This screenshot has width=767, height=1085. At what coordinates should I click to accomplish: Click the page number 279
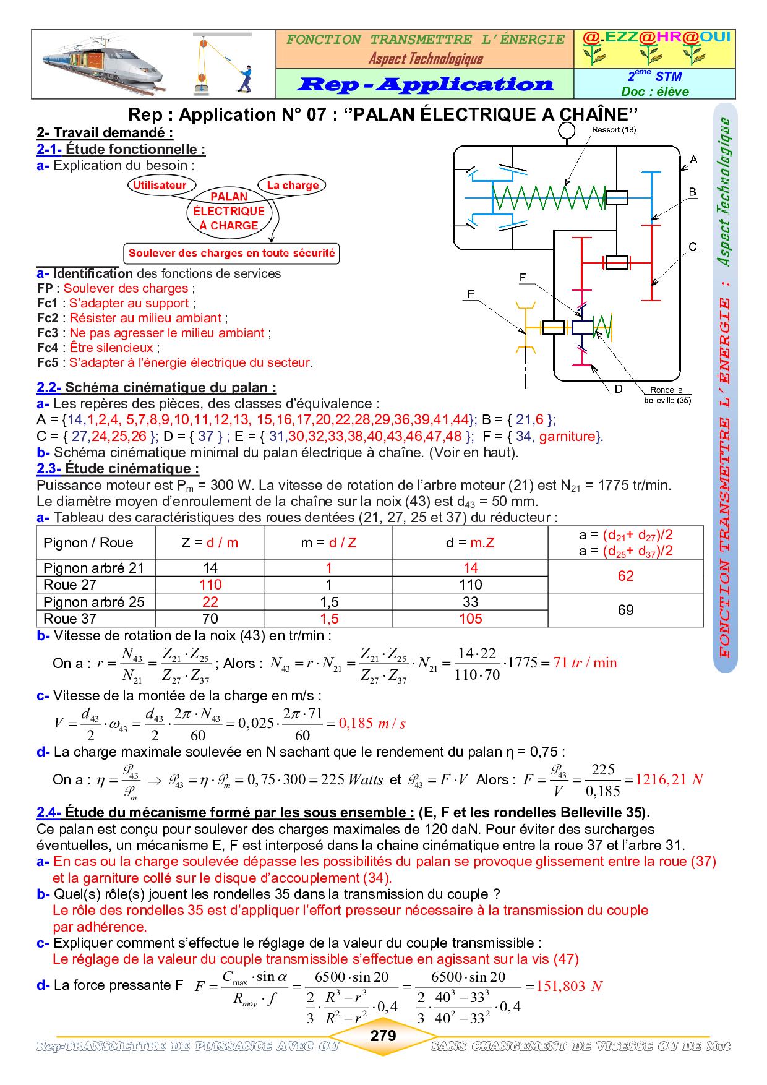[383, 1036]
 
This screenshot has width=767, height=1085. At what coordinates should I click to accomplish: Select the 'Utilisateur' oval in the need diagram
[160, 185]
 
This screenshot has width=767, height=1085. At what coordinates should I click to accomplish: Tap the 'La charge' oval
[293, 185]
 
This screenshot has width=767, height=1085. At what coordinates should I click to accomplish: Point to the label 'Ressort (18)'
[614, 130]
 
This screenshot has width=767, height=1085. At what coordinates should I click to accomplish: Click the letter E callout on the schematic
[471, 294]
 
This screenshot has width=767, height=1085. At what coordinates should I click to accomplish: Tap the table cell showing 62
[625, 576]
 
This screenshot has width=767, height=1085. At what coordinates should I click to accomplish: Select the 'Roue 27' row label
[70, 585]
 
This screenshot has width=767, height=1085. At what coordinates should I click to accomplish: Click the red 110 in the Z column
[210, 585]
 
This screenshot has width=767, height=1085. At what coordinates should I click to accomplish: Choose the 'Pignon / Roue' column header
[88, 542]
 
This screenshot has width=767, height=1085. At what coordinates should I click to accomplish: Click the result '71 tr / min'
[585, 663]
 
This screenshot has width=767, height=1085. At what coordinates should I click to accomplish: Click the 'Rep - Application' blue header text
[425, 84]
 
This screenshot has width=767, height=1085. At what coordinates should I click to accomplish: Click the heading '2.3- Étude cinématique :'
[118, 468]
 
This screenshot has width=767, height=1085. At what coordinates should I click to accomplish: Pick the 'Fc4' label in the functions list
[47, 348]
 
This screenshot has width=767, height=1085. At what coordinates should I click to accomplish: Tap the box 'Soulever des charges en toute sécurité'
[231, 253]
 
